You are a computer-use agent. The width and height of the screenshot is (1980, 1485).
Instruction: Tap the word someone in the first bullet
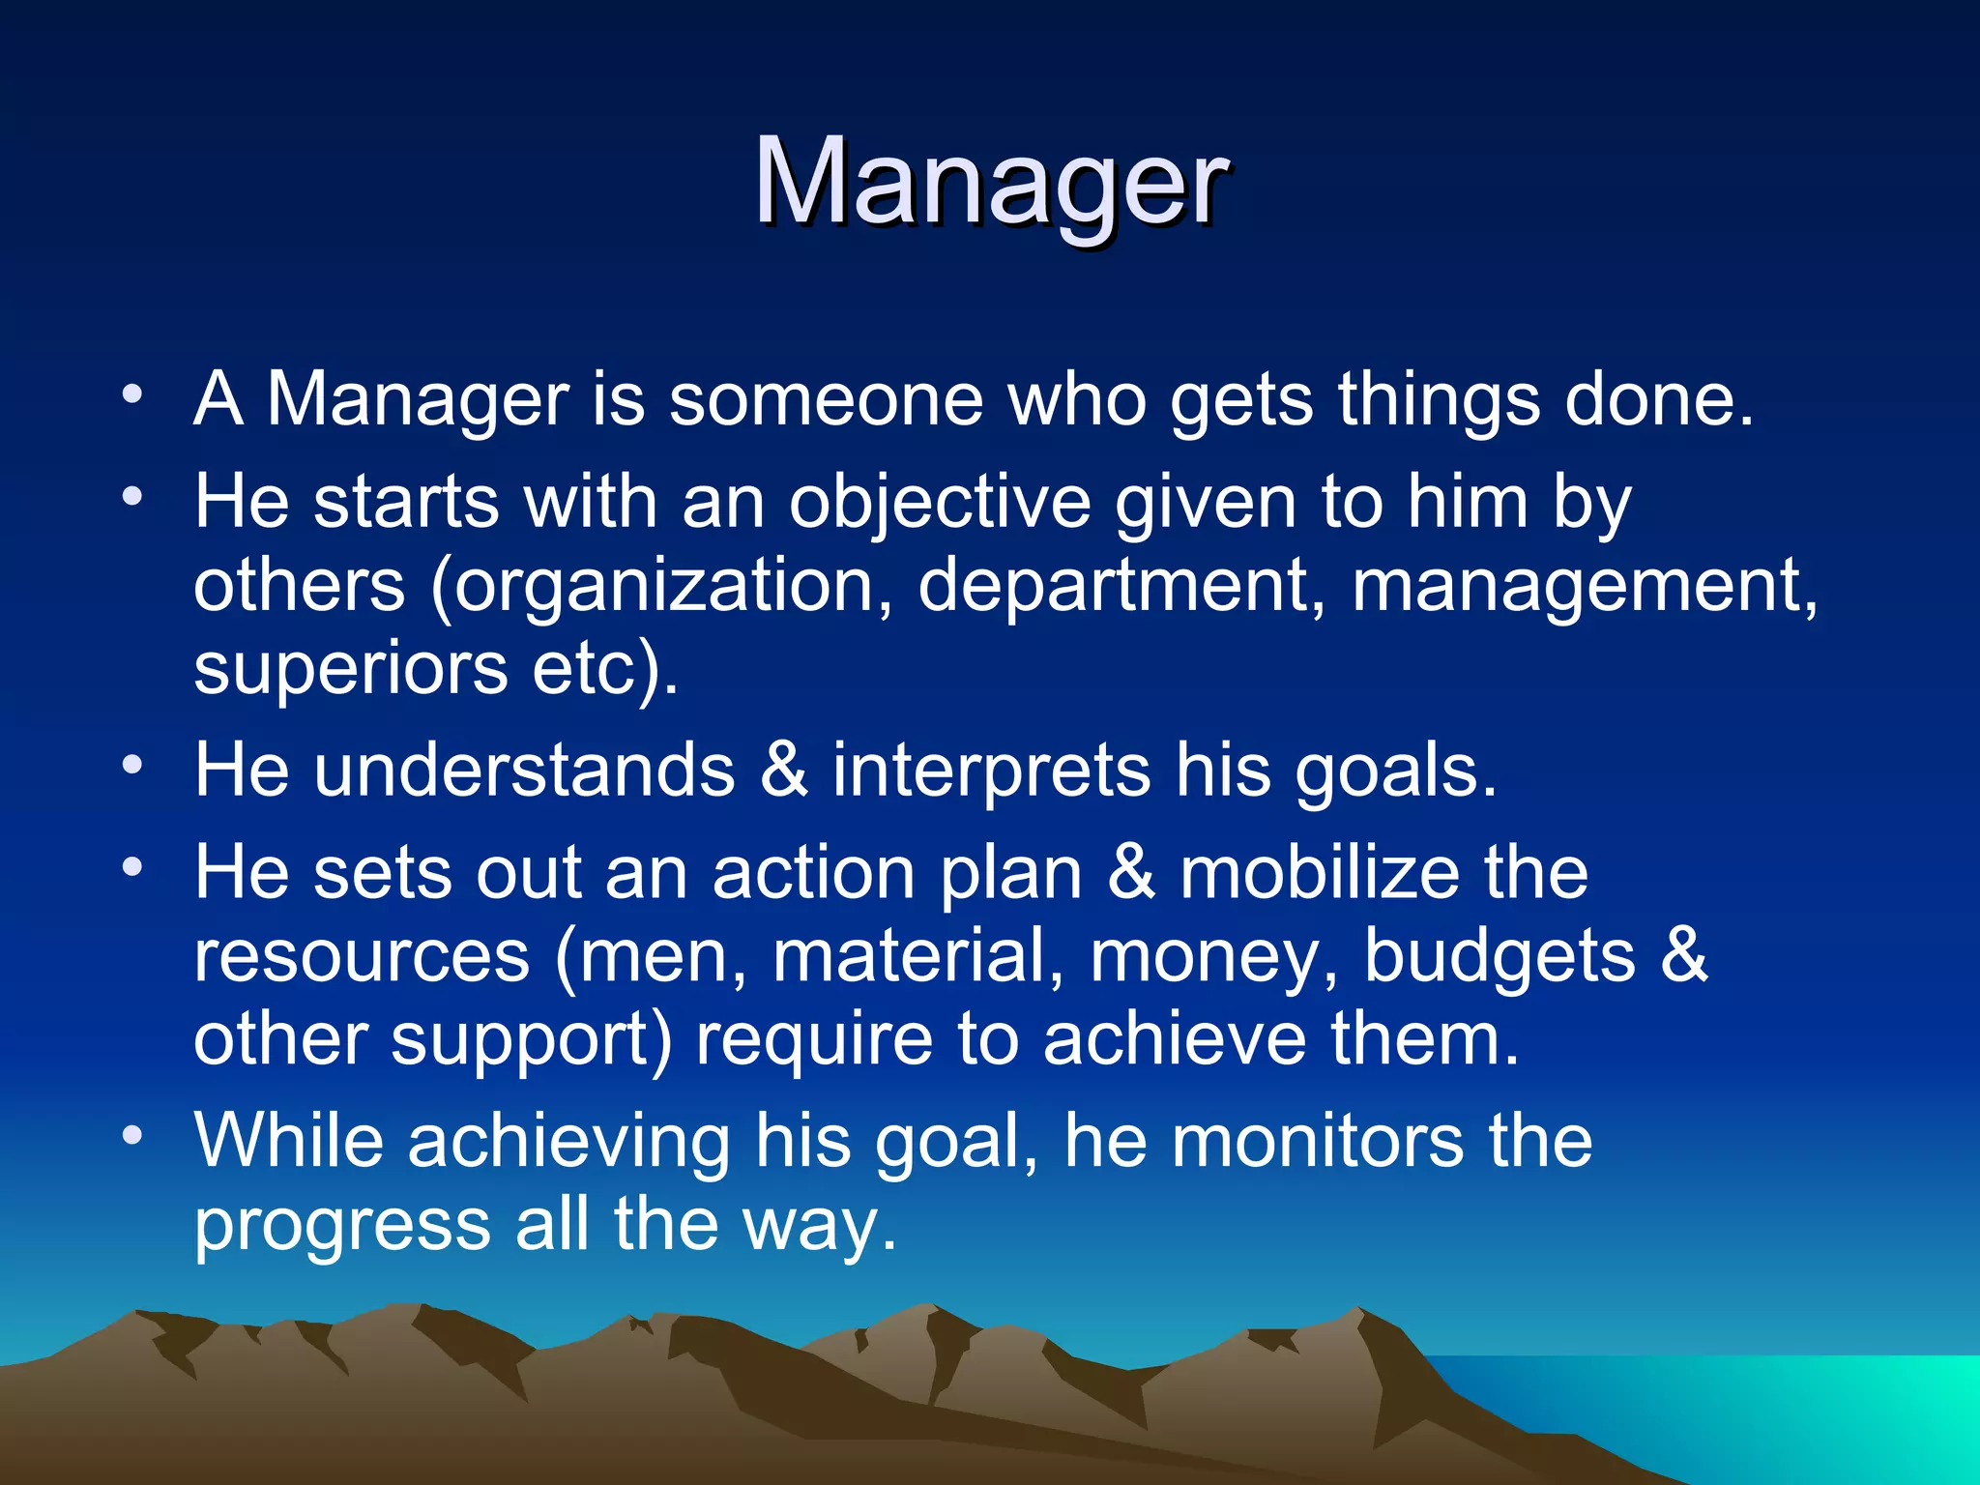(x=826, y=399)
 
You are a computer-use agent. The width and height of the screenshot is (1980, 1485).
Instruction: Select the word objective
(x=940, y=503)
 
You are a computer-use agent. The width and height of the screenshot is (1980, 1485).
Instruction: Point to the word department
(x=1112, y=587)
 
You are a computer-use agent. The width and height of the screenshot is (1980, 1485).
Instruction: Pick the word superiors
(x=350, y=669)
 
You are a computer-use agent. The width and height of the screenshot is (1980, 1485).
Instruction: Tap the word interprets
(x=991, y=771)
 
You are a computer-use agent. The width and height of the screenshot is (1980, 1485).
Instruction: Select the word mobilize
(x=1320, y=873)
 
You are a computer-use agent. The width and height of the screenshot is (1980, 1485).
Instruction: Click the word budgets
(x=1499, y=956)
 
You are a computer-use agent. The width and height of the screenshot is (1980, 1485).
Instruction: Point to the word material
(x=910, y=956)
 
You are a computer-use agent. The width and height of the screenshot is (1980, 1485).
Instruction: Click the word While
(x=289, y=1141)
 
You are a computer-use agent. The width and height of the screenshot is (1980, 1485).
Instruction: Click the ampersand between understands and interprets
(x=783, y=771)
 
